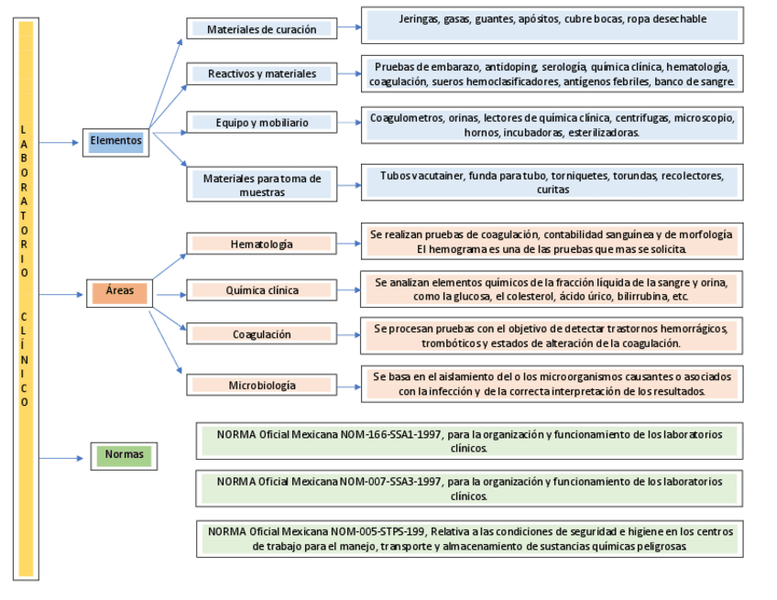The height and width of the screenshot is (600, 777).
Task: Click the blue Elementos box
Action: point(116,141)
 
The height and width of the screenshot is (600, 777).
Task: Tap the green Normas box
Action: point(123,453)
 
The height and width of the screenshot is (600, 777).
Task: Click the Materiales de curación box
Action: point(261,29)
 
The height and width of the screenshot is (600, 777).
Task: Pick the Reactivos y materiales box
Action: point(261,73)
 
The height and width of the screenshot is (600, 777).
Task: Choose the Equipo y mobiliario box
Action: point(261,122)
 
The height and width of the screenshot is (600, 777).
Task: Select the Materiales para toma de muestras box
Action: point(261,185)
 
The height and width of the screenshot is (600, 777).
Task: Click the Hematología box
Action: point(261,245)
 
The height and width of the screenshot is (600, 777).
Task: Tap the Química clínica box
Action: point(261,290)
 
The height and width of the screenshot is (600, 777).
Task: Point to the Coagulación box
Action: point(261,334)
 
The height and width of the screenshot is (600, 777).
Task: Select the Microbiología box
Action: point(261,386)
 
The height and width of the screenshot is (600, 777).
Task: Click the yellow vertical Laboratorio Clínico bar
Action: point(26,299)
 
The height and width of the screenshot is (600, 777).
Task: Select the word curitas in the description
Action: point(553,190)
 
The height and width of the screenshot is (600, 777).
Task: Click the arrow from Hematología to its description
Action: point(347,245)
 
